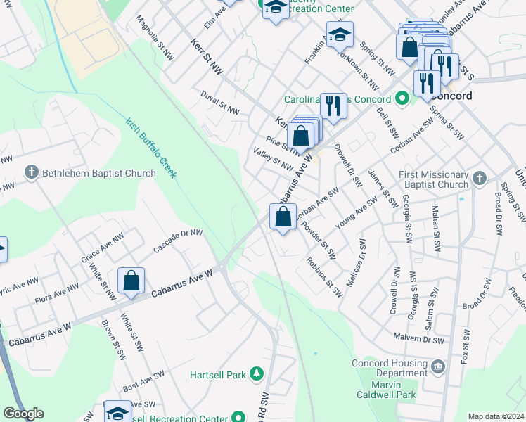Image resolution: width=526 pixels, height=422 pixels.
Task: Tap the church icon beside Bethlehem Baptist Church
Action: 31,172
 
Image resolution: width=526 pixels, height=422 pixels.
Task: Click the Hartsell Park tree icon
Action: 257,374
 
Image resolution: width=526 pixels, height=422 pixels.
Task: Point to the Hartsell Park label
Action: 218,375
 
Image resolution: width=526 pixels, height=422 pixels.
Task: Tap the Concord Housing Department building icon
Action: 437,366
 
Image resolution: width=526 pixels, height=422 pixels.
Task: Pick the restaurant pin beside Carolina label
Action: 333,106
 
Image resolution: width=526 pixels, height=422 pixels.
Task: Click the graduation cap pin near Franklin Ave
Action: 340,34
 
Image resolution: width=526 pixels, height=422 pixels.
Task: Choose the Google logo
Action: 23,414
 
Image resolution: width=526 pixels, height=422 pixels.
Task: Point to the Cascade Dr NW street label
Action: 178,241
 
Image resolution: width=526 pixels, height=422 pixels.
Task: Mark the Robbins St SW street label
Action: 324,276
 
